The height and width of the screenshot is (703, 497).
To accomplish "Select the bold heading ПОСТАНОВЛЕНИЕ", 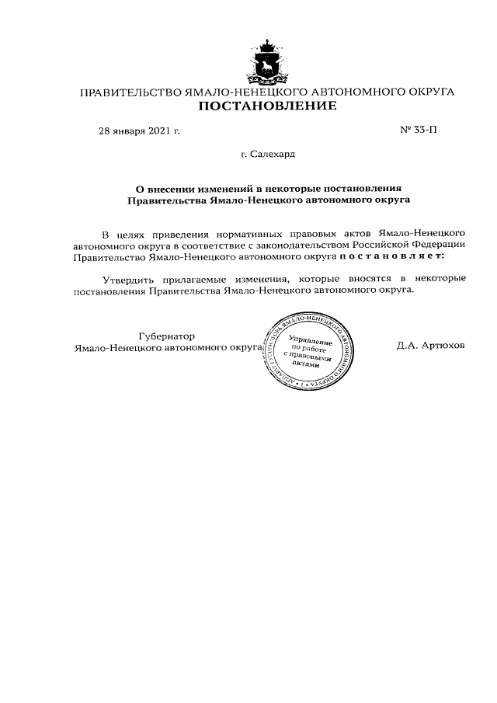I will click(267, 106).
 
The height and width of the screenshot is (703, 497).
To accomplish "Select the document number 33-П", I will click(419, 130).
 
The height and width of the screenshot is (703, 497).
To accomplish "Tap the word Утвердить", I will click(128, 279).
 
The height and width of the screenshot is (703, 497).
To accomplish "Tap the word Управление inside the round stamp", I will click(310, 342).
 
